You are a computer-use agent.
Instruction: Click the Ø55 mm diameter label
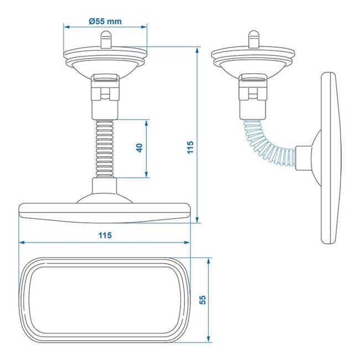click(x=105, y=22)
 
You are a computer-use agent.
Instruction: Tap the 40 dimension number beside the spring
click(x=140, y=148)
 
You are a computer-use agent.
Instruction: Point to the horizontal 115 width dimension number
click(x=105, y=235)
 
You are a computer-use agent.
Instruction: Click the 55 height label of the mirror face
click(x=203, y=300)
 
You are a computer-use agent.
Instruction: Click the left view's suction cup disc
click(x=106, y=60)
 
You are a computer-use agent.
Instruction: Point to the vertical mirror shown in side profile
click(x=329, y=158)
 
